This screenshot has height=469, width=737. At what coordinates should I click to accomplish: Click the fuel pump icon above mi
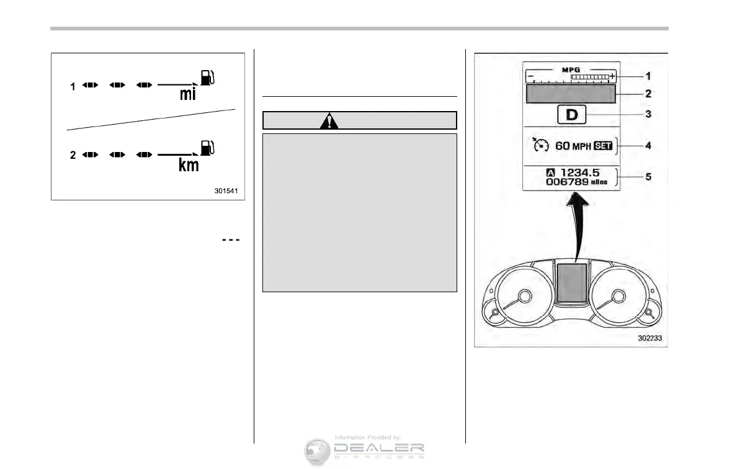coord(207,78)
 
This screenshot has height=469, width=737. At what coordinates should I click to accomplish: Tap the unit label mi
coord(189,95)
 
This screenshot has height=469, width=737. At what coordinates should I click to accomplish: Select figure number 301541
coord(227,192)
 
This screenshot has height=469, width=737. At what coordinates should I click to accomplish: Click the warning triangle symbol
coord(329,120)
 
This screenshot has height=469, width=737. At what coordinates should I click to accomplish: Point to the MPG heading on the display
coord(571,69)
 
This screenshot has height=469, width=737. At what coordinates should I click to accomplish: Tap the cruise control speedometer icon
coord(540,146)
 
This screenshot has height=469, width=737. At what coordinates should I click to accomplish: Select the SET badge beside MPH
coord(602,146)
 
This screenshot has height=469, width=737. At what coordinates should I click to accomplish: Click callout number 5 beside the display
coord(648,176)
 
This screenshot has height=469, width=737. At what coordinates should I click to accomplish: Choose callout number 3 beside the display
coord(648,115)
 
